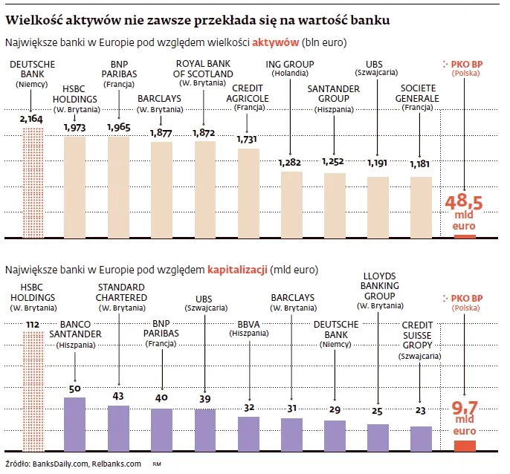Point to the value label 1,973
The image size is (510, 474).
75,128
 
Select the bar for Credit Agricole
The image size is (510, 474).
249,192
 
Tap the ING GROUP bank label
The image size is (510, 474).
291,68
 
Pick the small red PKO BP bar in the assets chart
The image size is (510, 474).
465,236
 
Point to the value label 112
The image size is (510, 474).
32,324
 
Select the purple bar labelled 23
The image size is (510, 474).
421,438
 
